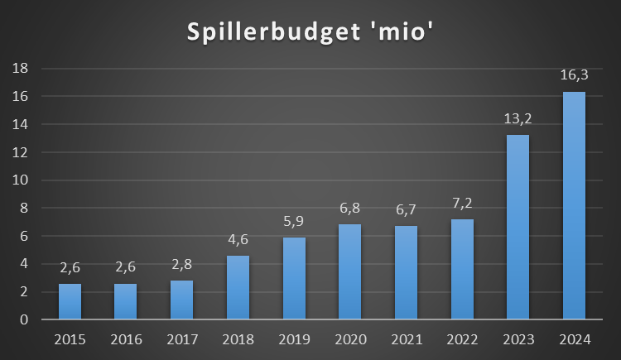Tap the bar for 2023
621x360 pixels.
[517, 227]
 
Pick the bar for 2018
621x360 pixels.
[238, 287]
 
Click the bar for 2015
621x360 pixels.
[70, 301]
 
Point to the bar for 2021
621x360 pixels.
[406, 272]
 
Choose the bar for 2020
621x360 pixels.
[349, 271]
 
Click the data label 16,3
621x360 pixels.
[574, 75]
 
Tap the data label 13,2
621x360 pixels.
[517, 119]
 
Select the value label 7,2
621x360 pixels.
[462, 203]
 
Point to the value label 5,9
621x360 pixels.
[294, 221]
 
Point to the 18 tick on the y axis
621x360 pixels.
[23, 69]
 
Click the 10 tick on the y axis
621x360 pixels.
[23, 180]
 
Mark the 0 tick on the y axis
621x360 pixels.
[26, 319]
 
